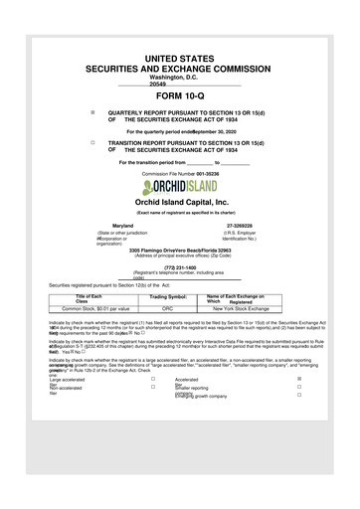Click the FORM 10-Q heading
click(x=179, y=94)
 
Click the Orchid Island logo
click(x=180, y=186)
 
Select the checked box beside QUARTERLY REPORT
click(x=91, y=112)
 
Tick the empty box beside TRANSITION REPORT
click(x=91, y=142)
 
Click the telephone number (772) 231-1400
click(x=179, y=267)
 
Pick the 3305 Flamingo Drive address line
click(x=179, y=250)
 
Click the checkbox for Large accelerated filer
click(x=153, y=380)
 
